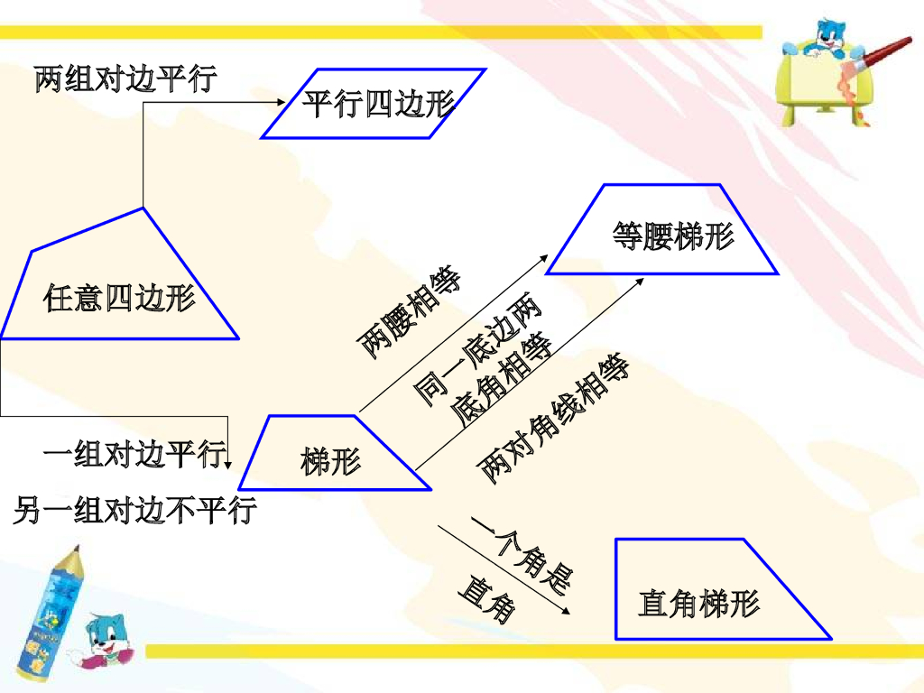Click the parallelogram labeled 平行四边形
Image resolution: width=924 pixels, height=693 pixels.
pos(374,104)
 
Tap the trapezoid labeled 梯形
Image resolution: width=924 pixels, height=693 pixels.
pos(331,454)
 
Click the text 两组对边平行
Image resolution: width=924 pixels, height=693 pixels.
pos(125,79)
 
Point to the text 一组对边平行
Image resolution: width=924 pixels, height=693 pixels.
pos(134,455)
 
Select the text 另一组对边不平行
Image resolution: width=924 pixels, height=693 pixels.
pos(135,512)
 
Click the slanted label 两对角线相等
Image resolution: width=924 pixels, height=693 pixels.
pos(552,420)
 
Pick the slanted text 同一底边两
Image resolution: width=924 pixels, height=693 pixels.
pos(478,348)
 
